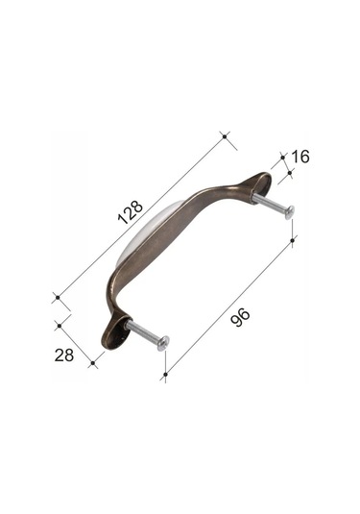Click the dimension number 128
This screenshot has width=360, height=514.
tap(130, 210)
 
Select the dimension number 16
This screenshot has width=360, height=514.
tap(300, 156)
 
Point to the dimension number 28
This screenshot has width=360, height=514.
tap(64, 355)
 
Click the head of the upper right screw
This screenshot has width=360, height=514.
tap(289, 212)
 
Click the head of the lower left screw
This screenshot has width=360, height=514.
tap(163, 342)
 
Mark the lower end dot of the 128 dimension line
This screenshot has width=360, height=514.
tap(56, 298)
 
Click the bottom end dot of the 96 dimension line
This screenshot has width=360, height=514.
tap(165, 374)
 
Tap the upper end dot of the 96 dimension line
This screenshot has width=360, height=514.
tap(292, 239)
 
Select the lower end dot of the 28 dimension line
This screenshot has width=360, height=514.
tap(92, 363)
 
